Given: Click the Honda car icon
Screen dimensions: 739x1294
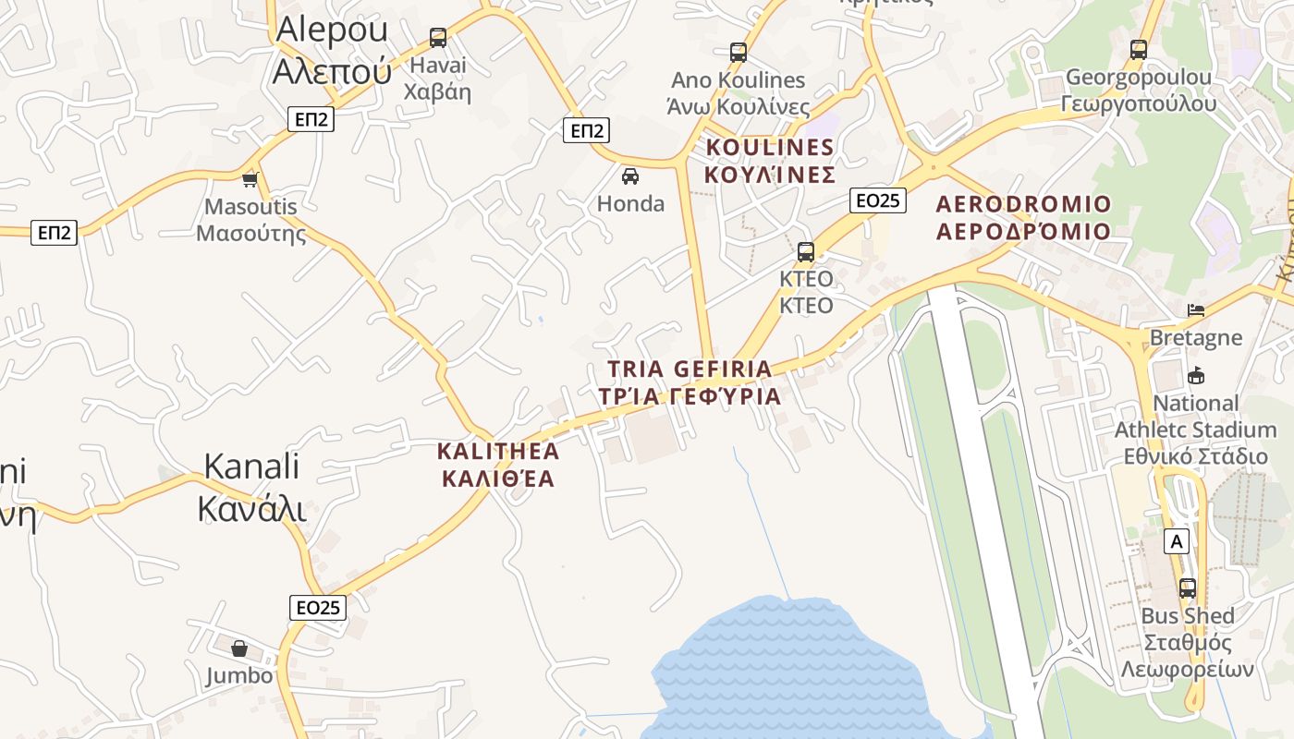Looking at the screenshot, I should click(x=630, y=176).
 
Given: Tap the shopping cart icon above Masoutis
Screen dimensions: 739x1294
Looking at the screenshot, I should click(x=250, y=178).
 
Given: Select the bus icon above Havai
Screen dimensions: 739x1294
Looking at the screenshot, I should click(x=438, y=38).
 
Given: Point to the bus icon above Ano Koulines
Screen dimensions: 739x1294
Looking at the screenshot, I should click(x=738, y=53).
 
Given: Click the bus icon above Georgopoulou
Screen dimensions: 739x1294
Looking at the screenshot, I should click(x=1139, y=49).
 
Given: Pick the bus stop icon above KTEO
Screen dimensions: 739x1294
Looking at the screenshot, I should click(x=806, y=251).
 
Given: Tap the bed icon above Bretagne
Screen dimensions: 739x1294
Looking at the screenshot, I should click(x=1196, y=309).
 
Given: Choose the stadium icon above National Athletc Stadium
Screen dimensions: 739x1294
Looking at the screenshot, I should click(x=1196, y=375).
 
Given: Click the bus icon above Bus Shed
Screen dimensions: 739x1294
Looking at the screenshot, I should click(x=1188, y=588).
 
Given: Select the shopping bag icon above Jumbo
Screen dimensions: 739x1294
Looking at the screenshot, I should click(x=239, y=648).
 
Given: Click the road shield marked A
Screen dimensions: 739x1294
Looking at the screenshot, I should click(x=1177, y=540).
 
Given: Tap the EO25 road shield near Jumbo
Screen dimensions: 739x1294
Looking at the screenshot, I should click(x=319, y=607).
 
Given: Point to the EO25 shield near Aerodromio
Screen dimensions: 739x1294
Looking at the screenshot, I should click(x=878, y=200).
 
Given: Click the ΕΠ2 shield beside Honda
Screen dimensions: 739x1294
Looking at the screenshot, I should click(x=587, y=130).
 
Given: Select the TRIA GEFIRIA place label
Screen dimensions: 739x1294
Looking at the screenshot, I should click(x=689, y=382).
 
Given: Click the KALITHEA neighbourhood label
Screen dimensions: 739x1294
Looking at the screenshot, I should click(x=498, y=465).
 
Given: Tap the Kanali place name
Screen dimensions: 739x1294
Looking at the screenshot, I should click(x=251, y=487).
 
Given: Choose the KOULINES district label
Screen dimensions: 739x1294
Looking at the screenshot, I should click(x=770, y=161).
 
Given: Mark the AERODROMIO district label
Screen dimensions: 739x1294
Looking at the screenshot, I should click(x=1023, y=217).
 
